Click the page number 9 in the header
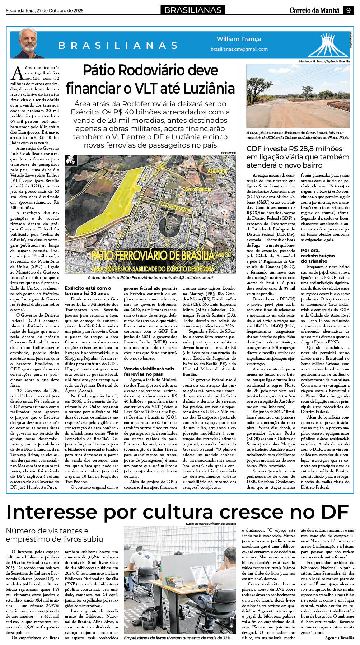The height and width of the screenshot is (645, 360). tap(348, 10)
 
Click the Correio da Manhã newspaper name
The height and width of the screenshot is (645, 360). tap(314, 10)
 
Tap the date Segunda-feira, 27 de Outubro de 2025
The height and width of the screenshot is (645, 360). tap(45, 11)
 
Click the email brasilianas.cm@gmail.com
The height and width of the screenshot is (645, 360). tap(239, 49)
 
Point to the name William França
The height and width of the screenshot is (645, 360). tap(239, 39)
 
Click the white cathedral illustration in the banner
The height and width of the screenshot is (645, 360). tap(328, 45)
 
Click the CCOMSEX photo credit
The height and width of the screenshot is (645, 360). tap(228, 153)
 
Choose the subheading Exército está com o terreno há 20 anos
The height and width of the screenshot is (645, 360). tap(88, 290)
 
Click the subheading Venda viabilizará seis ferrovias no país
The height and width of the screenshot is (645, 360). tap(149, 371)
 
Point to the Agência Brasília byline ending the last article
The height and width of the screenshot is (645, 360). tap(339, 638)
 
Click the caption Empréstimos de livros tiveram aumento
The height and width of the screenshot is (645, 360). tap(177, 638)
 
